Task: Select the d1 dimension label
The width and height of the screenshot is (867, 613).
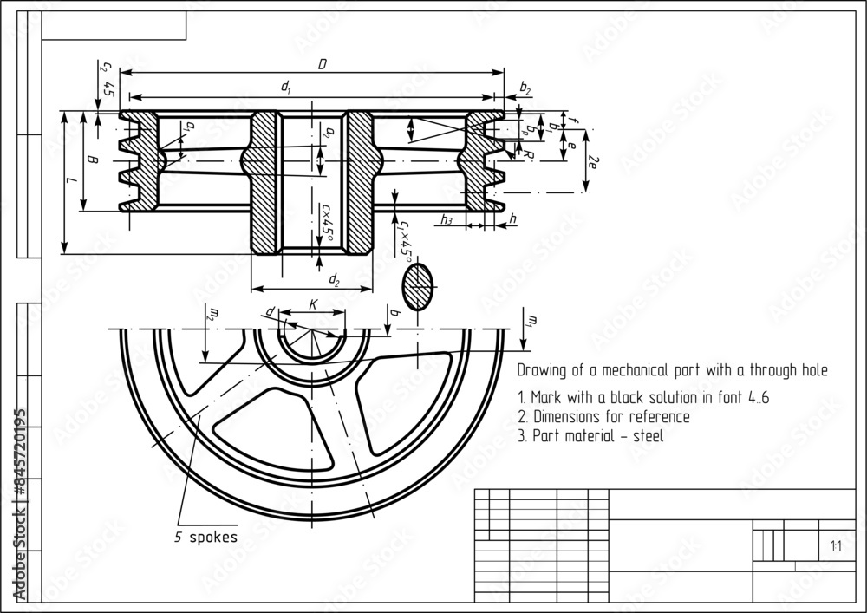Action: pos(286,88)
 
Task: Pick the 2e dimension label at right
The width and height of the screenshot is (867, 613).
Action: pos(592,162)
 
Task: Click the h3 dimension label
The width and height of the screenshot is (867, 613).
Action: pos(447,219)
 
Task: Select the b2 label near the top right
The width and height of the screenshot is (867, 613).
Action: pos(525,88)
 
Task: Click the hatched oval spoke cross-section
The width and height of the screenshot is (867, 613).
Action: pos(418,285)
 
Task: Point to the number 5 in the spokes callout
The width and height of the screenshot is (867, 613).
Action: pos(178,537)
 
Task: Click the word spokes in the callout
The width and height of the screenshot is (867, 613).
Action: pos(212,537)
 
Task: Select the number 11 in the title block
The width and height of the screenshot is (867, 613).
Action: pos(836,546)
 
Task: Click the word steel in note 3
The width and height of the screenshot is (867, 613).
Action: pos(648,436)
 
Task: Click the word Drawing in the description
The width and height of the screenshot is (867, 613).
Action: pos(540,370)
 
